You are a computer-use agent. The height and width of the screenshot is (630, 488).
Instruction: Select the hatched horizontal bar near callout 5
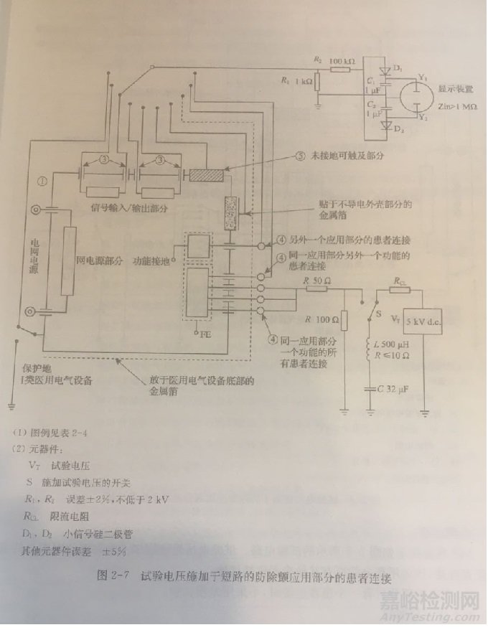pyautogui.click(x=207, y=174)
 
